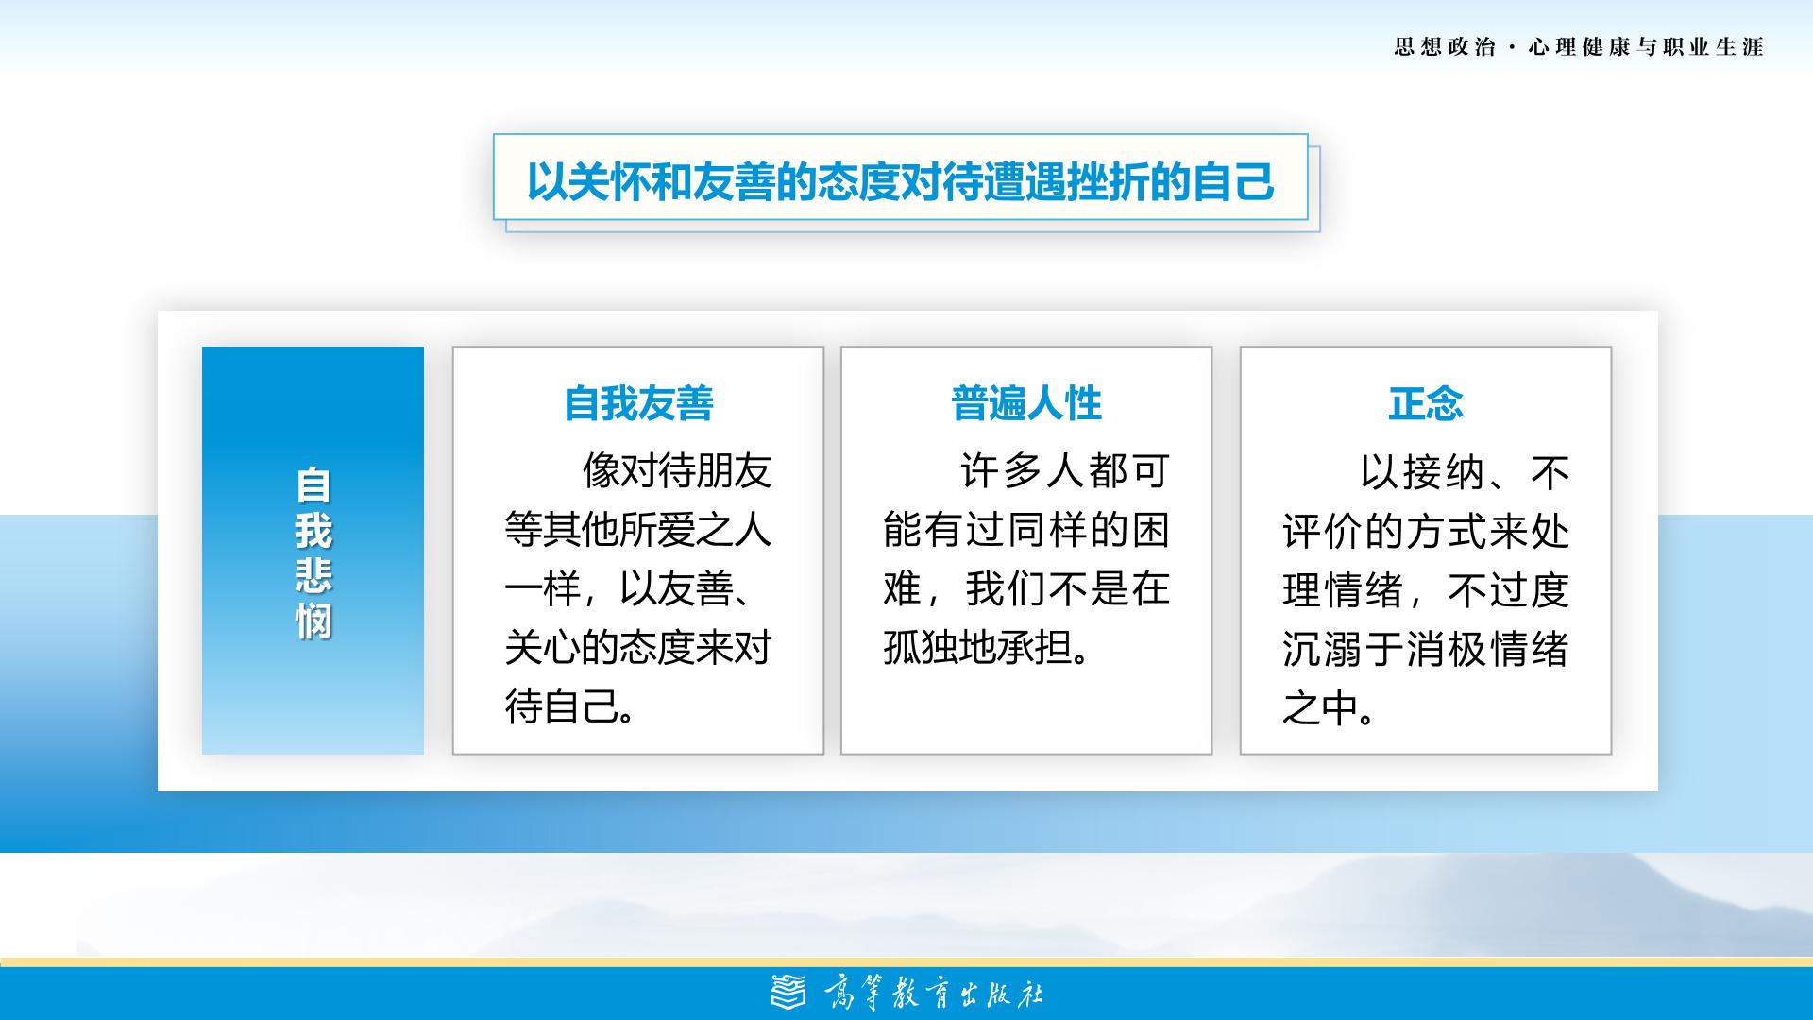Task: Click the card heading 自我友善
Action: (638, 403)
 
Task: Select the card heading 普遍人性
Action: (1026, 403)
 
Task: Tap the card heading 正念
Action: (1426, 403)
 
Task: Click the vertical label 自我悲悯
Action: (313, 553)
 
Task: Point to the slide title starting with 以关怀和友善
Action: (901, 181)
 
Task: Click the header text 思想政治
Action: (1445, 47)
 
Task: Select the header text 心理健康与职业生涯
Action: (1646, 47)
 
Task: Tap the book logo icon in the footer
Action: (789, 992)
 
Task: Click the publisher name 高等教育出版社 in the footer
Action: (934, 993)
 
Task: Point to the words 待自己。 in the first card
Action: (570, 706)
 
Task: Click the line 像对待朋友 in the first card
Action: (677, 470)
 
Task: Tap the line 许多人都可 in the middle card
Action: (1065, 470)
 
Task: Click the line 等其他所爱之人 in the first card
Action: (638, 530)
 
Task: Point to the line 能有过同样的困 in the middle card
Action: (1026, 530)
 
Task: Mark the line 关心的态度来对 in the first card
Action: (638, 648)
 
